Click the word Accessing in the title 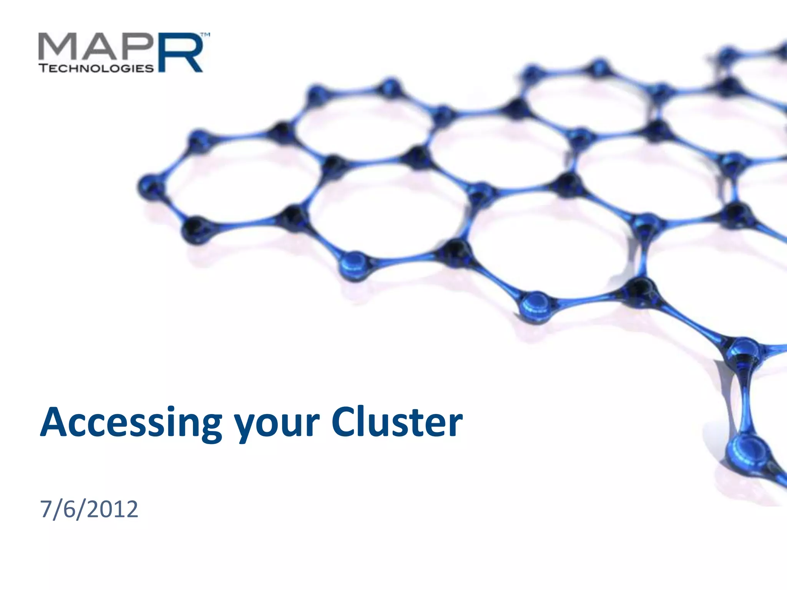click(x=131, y=423)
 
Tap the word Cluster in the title click(x=397, y=423)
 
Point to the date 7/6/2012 click(x=89, y=509)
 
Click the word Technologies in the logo click(x=96, y=68)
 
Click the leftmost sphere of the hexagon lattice click(x=151, y=187)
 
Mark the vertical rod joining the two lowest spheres click(x=745, y=399)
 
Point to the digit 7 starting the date click(x=46, y=509)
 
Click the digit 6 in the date click(x=69, y=509)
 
